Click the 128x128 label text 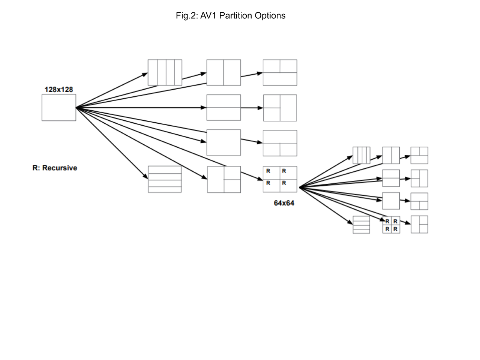pyautogui.click(x=58, y=90)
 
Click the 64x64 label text pyautogui.click(x=284, y=203)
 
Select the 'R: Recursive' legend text pyautogui.click(x=55, y=168)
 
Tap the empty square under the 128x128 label pyautogui.click(x=59, y=108)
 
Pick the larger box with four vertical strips pyautogui.click(x=165, y=72)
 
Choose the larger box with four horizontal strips pyautogui.click(x=165, y=179)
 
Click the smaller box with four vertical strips pyautogui.click(x=361, y=155)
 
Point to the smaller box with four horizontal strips pyautogui.click(x=361, y=225)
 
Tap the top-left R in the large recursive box pyautogui.click(x=268, y=171)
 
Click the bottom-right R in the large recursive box pyautogui.click(x=284, y=183)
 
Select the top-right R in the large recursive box pyautogui.click(x=284, y=171)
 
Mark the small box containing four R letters pyautogui.click(x=391, y=225)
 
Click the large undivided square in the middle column pyautogui.click(x=224, y=142)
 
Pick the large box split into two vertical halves pyautogui.click(x=224, y=72)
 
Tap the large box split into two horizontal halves pyautogui.click(x=224, y=108)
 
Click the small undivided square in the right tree pyautogui.click(x=391, y=201)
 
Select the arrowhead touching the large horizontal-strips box pyautogui.click(x=145, y=177)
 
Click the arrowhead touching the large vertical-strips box pyautogui.click(x=145, y=74)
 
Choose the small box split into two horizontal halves pyautogui.click(x=391, y=178)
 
